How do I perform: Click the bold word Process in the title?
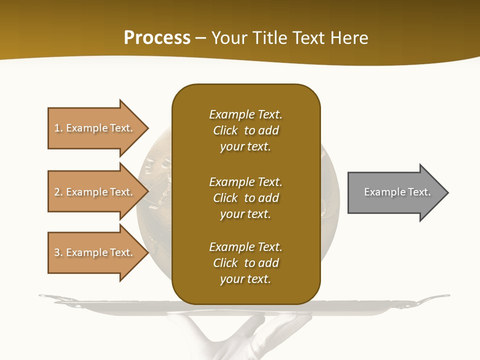[x=157, y=38]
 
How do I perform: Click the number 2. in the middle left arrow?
[x=58, y=192]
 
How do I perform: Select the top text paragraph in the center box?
[x=245, y=130]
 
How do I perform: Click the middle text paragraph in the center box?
[x=245, y=198]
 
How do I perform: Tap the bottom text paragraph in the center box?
[x=245, y=263]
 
